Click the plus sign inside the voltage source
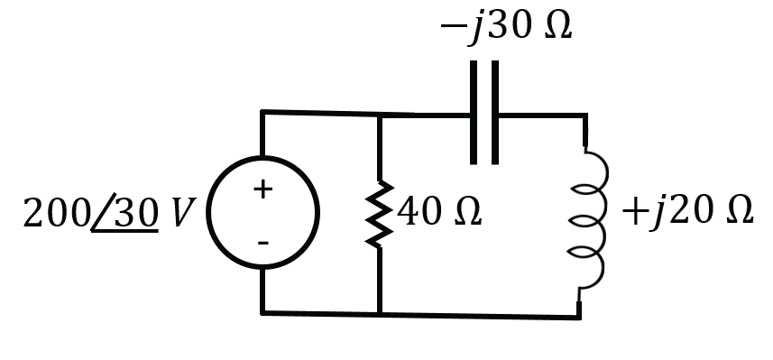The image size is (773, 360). tap(262, 189)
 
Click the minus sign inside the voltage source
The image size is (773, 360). tap(263, 243)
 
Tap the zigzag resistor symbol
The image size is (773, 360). tap(379, 214)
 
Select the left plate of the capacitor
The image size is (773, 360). tap(474, 113)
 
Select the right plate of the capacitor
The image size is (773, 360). tap(495, 113)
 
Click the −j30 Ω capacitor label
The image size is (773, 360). tap(506, 26)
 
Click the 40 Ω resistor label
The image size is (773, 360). tap(438, 212)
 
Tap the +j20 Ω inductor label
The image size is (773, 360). tap(687, 212)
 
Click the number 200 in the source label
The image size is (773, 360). tap(56, 213)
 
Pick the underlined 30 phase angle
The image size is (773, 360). tap(136, 213)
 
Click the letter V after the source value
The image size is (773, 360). tap(183, 213)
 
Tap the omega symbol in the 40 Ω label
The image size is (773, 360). tap(468, 212)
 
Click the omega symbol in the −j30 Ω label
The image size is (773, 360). tap(558, 25)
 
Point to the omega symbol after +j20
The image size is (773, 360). tap(740, 211)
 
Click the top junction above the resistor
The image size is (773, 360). tap(379, 115)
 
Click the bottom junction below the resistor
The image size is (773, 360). tap(379, 314)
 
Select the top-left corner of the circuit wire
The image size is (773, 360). tap(262, 112)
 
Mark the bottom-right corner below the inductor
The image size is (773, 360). tap(579, 317)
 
